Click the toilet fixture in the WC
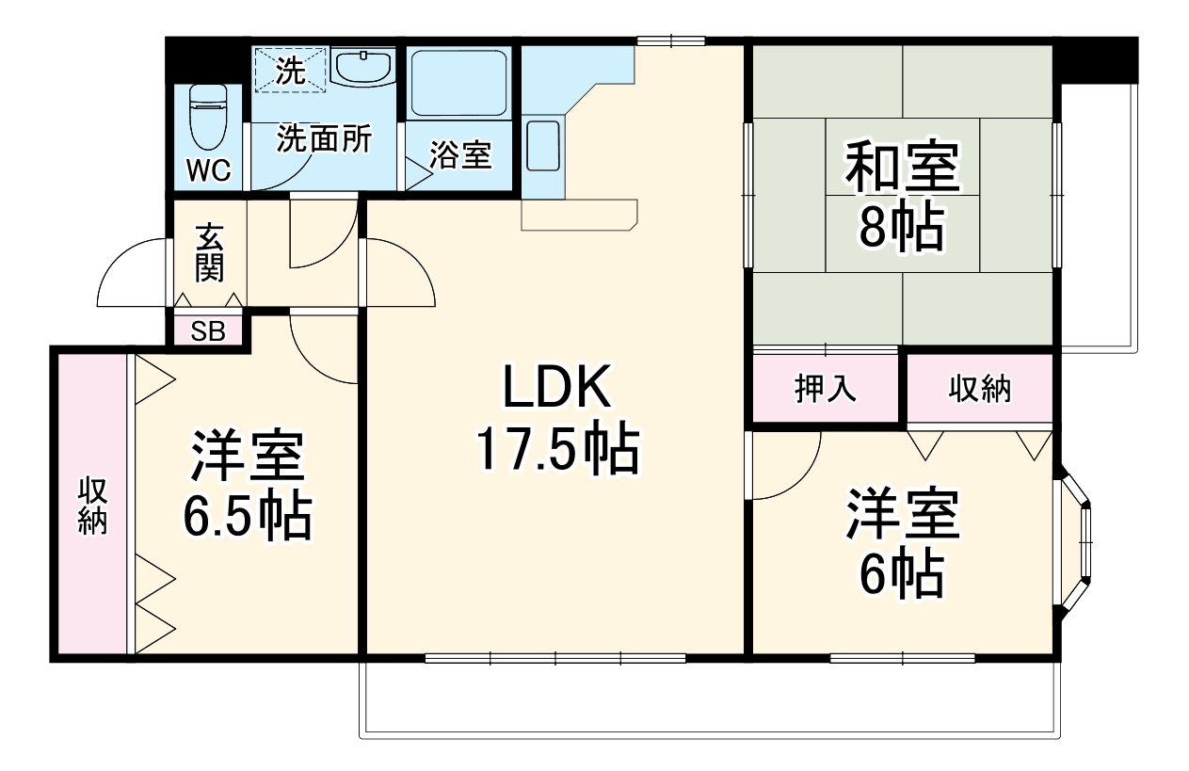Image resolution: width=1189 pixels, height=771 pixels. (x=208, y=117)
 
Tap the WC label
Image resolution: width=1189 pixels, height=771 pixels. (x=209, y=170)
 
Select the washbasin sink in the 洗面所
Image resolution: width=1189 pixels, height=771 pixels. (x=363, y=67)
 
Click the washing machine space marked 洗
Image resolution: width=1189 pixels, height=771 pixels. (x=290, y=70)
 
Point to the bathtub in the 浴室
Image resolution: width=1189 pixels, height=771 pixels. (x=459, y=83)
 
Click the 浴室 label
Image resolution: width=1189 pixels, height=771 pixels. (x=459, y=155)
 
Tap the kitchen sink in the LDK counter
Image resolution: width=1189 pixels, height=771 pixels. (x=543, y=146)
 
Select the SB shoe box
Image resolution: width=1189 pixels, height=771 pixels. (x=208, y=331)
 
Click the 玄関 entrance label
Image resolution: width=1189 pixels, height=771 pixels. (x=210, y=253)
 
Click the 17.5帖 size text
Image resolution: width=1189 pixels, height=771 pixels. (x=558, y=447)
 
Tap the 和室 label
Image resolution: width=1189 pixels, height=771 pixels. (x=903, y=168)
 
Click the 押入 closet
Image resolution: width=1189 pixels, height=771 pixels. (x=826, y=389)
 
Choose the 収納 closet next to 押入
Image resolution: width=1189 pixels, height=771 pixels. (x=979, y=389)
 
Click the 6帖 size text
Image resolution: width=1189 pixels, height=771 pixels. (x=903, y=575)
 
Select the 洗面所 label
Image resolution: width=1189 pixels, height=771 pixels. (x=325, y=139)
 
